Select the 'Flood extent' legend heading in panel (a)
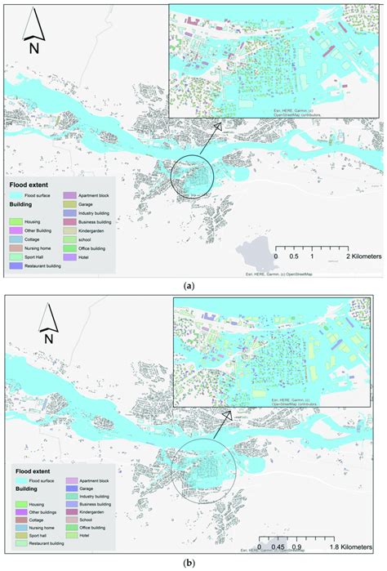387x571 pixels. pos(28,185)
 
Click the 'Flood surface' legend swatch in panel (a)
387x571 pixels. pos(16,196)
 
